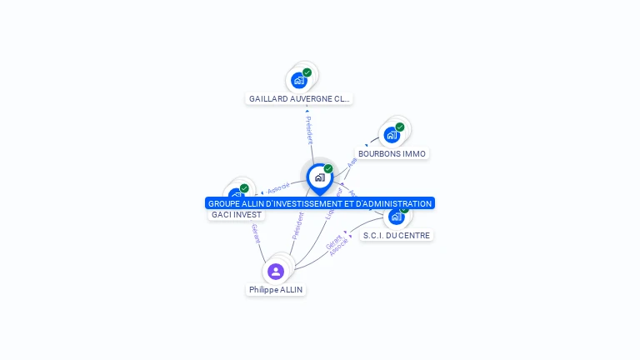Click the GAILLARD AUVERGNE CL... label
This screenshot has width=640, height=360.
(299, 98)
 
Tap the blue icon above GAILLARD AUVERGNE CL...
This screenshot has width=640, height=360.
(298, 81)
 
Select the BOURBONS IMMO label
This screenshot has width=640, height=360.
(392, 153)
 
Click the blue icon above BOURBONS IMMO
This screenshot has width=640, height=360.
(392, 135)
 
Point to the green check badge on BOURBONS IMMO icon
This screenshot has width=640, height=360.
(400, 127)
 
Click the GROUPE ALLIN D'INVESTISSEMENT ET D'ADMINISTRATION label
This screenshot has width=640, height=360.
(320, 203)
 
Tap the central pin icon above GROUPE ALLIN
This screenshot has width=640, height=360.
(319, 177)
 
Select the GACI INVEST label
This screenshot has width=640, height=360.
(237, 214)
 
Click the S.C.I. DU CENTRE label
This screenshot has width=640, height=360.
(397, 235)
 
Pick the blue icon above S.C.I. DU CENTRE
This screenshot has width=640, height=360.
(396, 217)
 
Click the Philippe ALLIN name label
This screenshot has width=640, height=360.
(276, 290)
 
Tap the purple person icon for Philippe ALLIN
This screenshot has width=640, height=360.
(276, 272)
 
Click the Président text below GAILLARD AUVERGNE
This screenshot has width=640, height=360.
(308, 129)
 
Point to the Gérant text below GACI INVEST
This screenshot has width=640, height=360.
(256, 234)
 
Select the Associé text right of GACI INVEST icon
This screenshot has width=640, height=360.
(279, 188)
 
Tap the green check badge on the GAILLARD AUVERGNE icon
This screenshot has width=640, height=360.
(307, 72)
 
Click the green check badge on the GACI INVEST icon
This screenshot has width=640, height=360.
(244, 188)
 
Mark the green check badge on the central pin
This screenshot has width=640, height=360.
(328, 168)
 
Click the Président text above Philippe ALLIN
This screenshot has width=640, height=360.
(297, 226)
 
